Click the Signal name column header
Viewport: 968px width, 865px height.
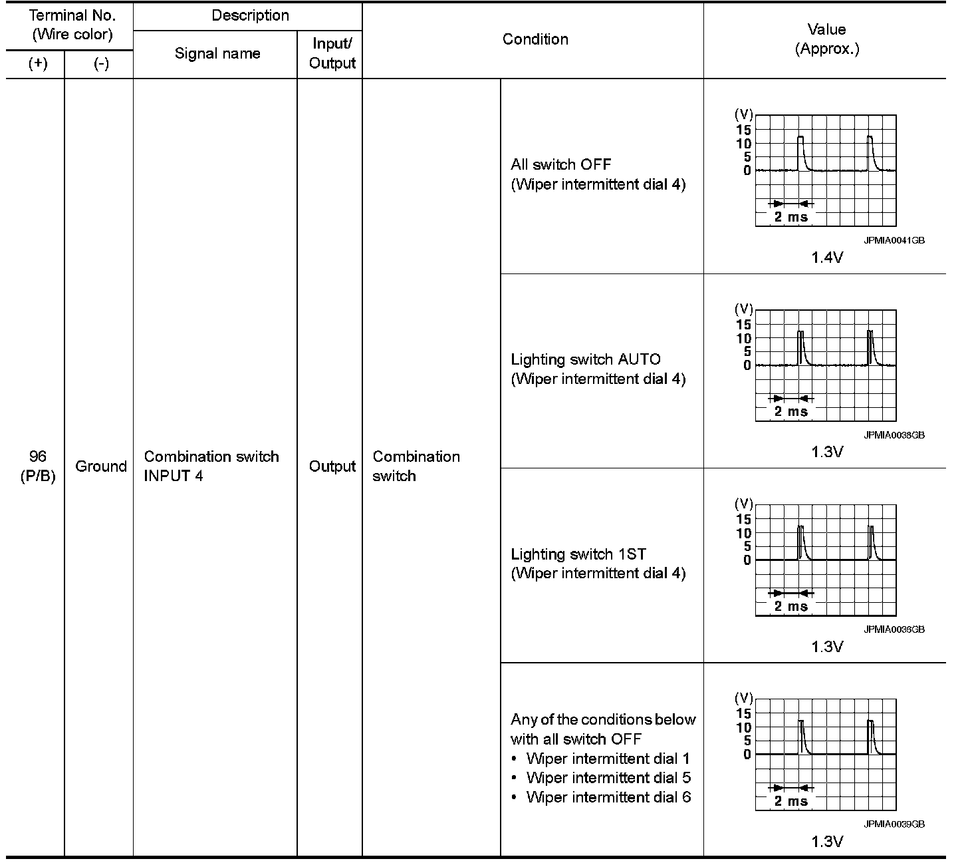click(217, 54)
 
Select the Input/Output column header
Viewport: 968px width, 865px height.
click(332, 54)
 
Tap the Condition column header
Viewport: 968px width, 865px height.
click(535, 39)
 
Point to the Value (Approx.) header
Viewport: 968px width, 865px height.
click(826, 39)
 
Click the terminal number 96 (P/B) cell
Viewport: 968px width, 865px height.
click(38, 466)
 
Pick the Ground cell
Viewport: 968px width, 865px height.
click(100, 466)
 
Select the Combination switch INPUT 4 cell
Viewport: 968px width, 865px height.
click(211, 466)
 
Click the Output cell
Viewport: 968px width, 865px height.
click(332, 466)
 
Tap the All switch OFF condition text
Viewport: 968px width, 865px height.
click(560, 164)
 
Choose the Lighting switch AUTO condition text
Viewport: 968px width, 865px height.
click(586, 360)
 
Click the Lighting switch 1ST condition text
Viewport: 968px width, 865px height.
click(578, 554)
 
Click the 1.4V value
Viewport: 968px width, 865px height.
click(826, 258)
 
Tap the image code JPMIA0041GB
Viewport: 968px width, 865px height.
click(894, 241)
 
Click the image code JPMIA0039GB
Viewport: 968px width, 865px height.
click(894, 824)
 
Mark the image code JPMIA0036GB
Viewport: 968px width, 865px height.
click(894, 629)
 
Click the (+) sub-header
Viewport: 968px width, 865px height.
click(38, 65)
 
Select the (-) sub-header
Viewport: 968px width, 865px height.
click(101, 65)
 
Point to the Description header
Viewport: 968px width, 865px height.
click(250, 16)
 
